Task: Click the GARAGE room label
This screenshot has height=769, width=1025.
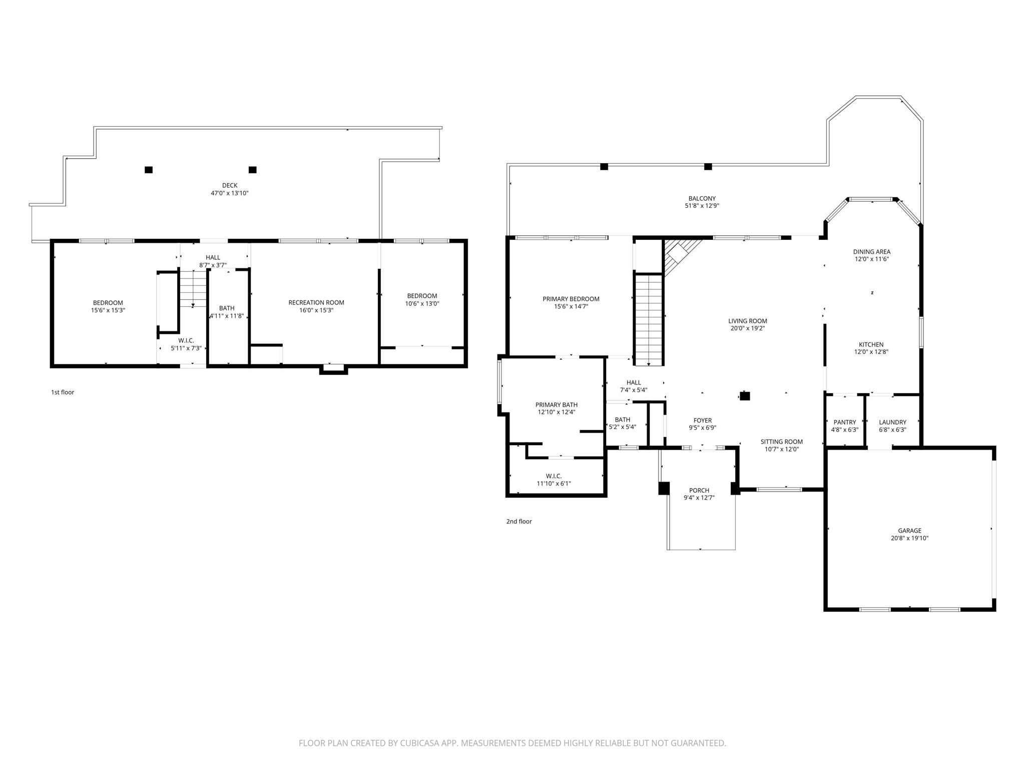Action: click(x=909, y=531)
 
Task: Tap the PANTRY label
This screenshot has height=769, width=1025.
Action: click(x=845, y=422)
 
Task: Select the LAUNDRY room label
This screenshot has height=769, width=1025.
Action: click(x=892, y=422)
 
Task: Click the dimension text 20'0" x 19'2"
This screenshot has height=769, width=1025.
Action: click(x=747, y=328)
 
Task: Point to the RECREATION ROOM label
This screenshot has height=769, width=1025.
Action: click(x=316, y=302)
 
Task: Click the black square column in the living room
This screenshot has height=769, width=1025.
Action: click(x=745, y=396)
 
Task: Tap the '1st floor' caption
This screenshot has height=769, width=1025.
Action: click(x=63, y=392)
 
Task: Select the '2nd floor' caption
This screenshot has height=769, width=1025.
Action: click(x=519, y=521)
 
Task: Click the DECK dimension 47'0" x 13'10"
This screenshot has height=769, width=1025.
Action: click(x=230, y=193)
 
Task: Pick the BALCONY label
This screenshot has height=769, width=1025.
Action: click(x=702, y=198)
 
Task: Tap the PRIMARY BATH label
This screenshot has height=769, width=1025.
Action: click(x=556, y=405)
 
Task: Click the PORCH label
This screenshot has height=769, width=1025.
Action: click(x=699, y=490)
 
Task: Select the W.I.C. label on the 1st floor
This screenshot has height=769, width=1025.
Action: click(x=186, y=340)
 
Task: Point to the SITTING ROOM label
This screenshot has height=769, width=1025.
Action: click(x=781, y=442)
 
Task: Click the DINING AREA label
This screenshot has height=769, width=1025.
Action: click(x=871, y=252)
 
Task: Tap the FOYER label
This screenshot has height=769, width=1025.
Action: click(x=702, y=421)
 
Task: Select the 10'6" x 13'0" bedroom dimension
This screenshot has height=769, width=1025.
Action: click(x=422, y=303)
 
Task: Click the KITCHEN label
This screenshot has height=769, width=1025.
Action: click(x=871, y=344)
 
